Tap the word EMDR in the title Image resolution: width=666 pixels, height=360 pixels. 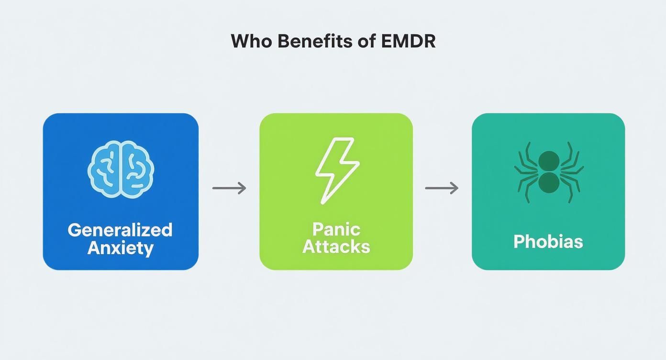click(409, 41)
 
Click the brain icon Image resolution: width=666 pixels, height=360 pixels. click(121, 169)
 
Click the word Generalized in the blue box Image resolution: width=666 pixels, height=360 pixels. click(120, 230)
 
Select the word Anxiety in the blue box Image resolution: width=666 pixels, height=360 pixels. click(120, 248)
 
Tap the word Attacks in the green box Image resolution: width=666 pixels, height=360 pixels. click(336, 247)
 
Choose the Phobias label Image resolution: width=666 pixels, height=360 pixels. click(548, 241)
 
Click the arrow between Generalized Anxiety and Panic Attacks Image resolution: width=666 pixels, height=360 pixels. click(229, 188)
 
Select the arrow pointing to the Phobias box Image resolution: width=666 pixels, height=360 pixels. click(442, 188)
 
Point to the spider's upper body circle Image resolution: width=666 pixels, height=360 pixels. click(549, 161)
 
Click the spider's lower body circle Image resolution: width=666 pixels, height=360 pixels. click(549, 183)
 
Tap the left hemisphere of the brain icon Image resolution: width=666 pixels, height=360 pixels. click(105, 169)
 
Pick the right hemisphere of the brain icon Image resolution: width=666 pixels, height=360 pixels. click(136, 169)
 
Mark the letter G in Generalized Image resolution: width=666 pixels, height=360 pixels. click(74, 230)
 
